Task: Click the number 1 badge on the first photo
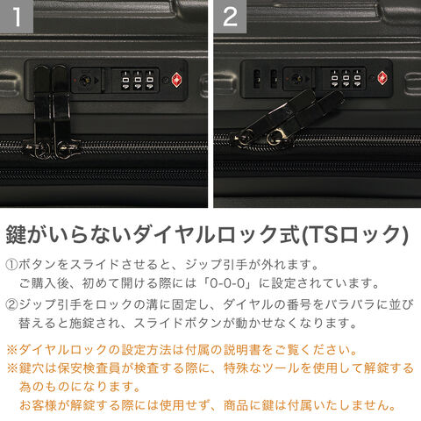[17, 17]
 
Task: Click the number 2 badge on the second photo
[230, 17]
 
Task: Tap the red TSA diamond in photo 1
[176, 80]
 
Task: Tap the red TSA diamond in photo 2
[382, 78]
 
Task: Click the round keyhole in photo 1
[86, 80]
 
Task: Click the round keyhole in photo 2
[296, 78]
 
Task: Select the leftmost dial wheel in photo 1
[125, 80]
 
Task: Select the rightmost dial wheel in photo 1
[150, 80]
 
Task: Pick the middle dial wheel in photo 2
[346, 78]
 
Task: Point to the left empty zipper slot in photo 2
[257, 78]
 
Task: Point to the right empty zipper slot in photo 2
[274, 78]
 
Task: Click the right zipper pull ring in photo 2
[275, 139]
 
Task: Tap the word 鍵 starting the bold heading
[16, 234]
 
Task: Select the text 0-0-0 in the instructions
[227, 283]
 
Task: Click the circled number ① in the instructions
[11, 265]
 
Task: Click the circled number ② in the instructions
[11, 304]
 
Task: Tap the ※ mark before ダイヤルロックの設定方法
[12, 350]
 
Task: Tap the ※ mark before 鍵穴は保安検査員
[12, 368]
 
